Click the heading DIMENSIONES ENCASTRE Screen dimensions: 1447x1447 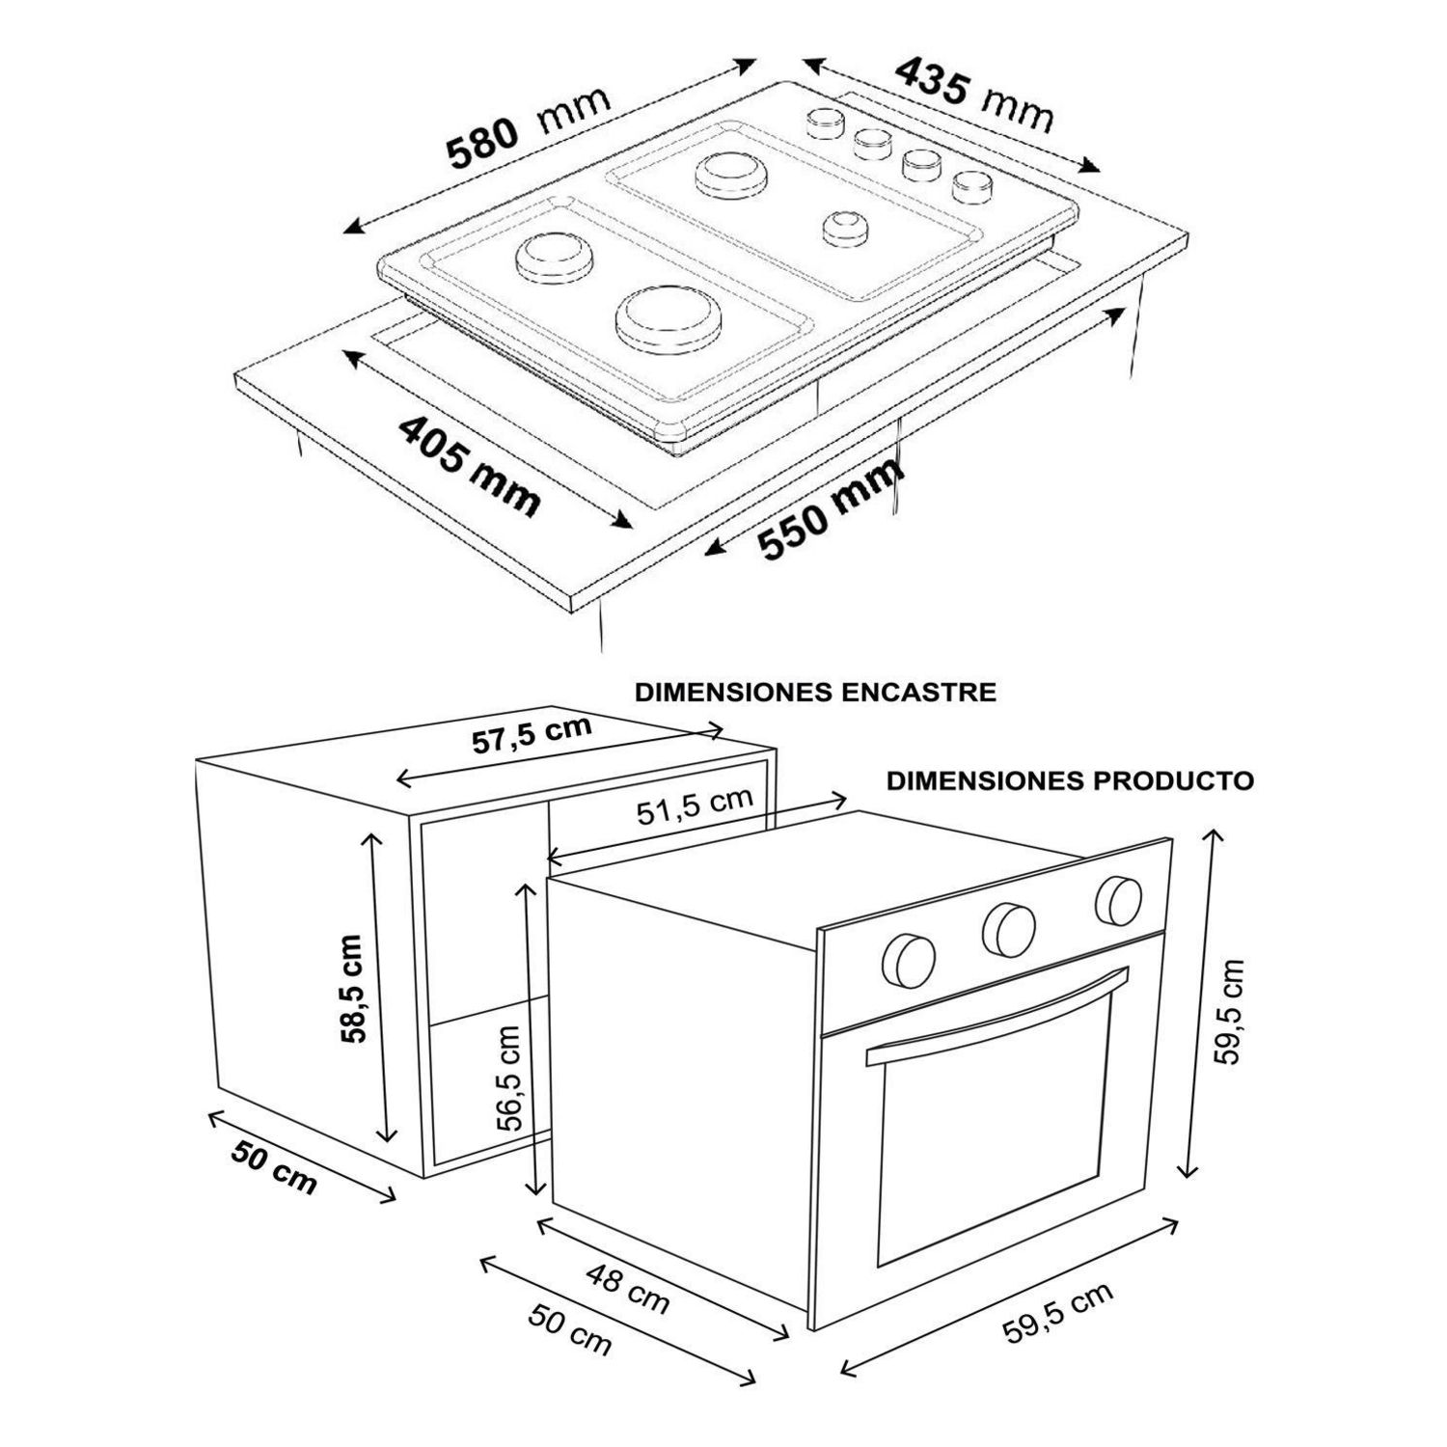[x=815, y=693]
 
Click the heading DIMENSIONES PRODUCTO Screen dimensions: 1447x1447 [x=1071, y=780]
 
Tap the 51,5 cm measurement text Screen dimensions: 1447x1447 [x=695, y=806]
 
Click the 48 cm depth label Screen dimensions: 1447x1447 [x=628, y=1289]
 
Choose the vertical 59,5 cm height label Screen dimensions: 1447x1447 [x=1228, y=1010]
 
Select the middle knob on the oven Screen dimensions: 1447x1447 [x=1009, y=929]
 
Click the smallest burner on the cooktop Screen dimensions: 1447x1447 [x=845, y=229]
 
